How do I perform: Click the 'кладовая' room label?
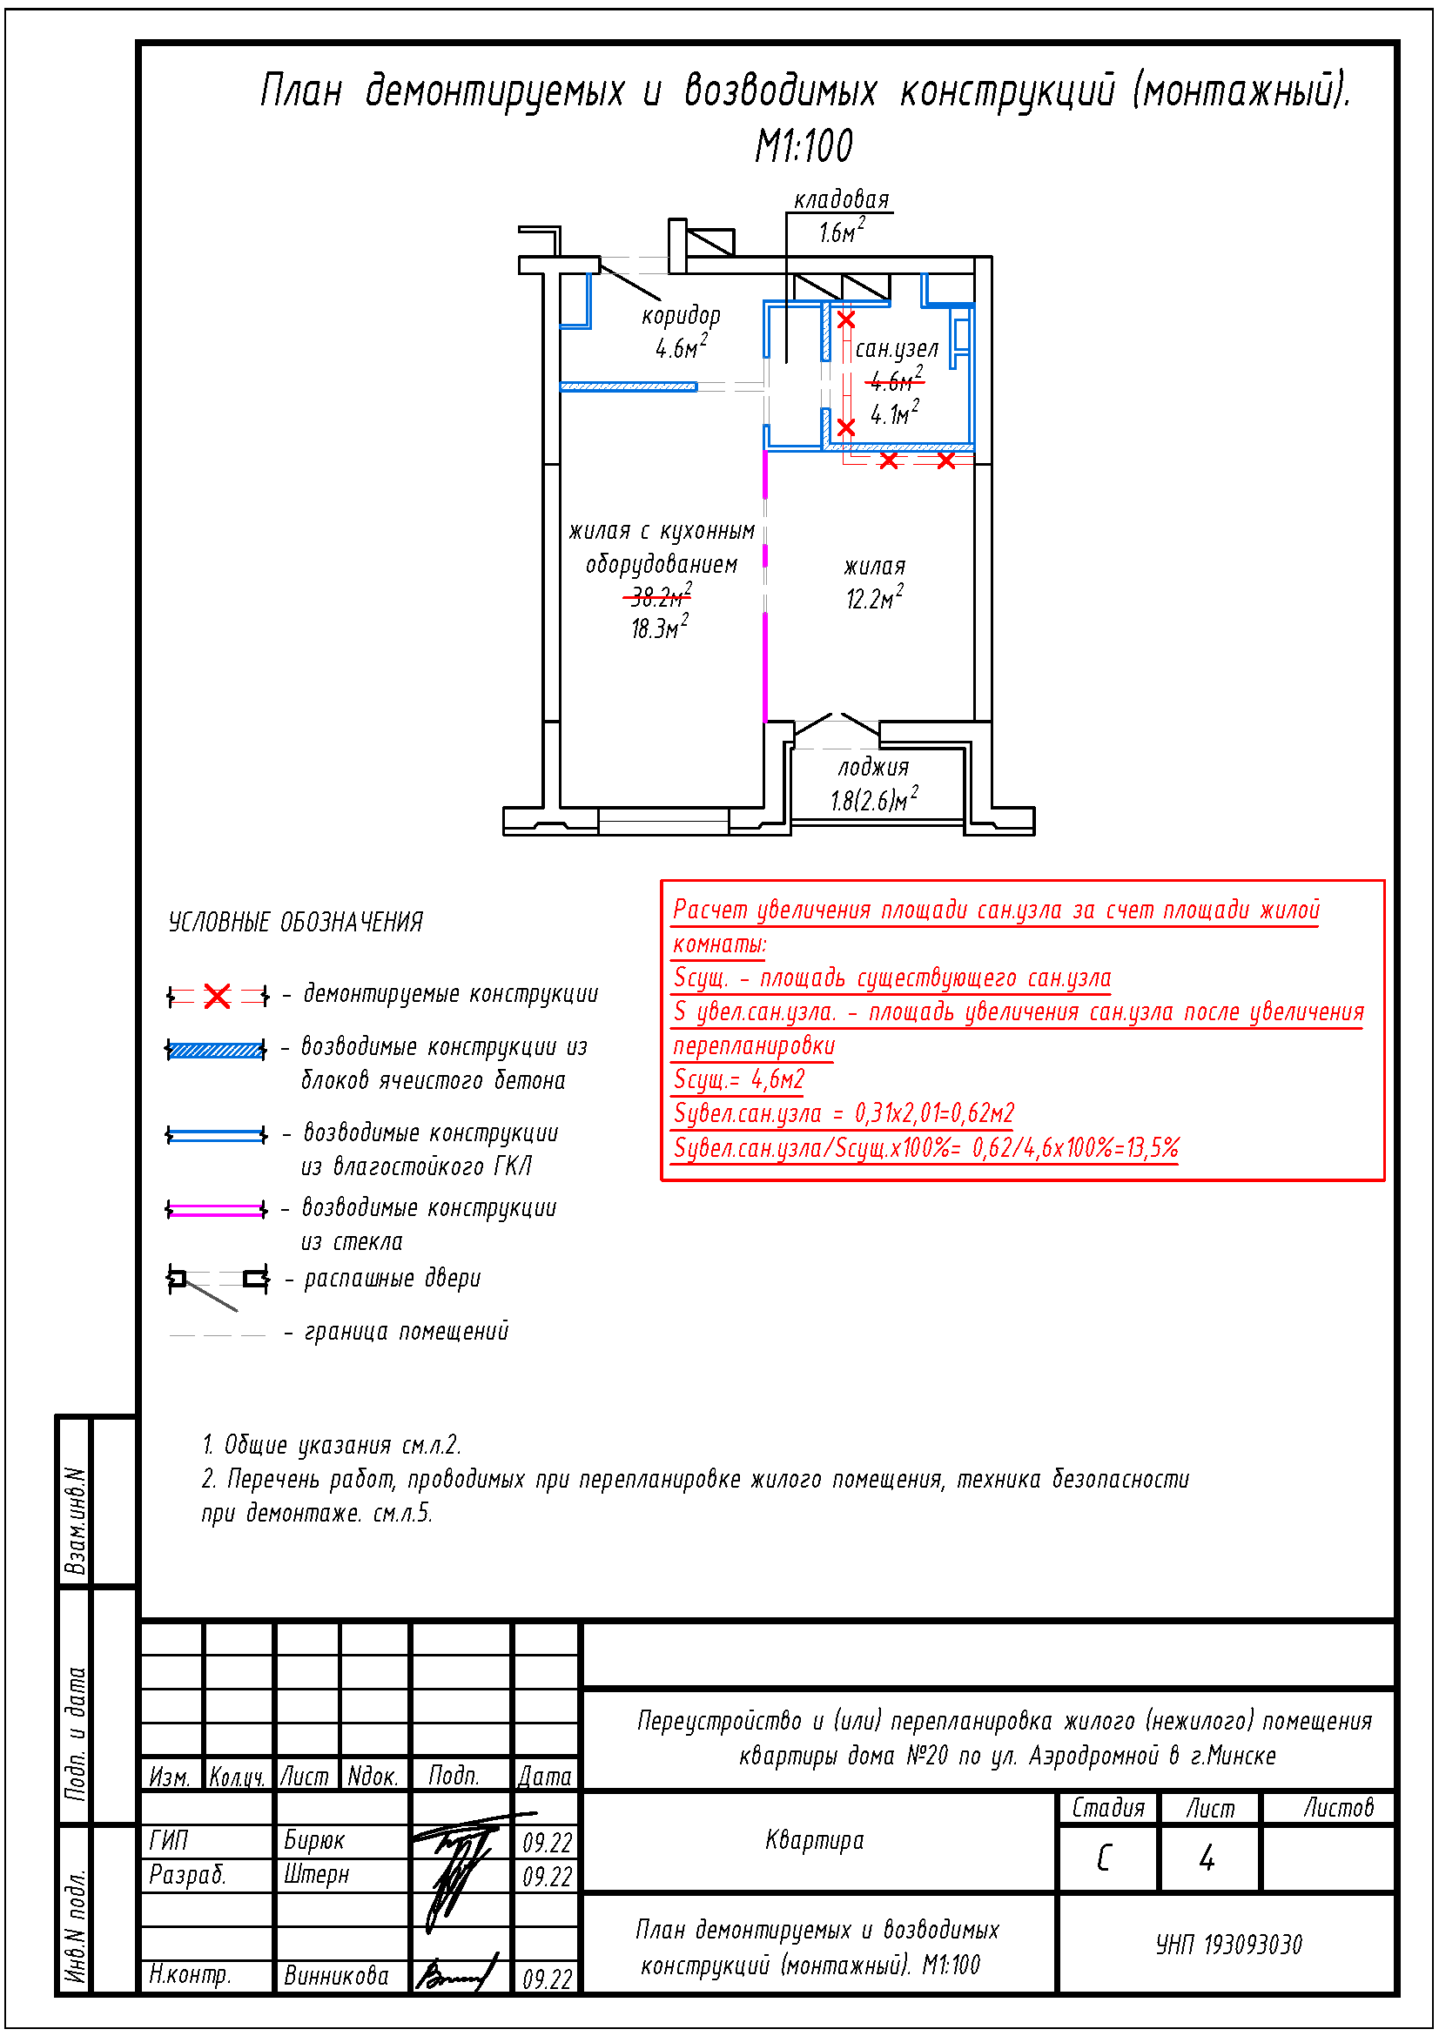click(x=841, y=200)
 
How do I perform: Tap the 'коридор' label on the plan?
click(x=680, y=317)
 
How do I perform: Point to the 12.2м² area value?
click(x=873, y=599)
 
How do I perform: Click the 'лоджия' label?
click(x=873, y=768)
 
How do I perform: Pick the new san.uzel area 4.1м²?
click(x=894, y=414)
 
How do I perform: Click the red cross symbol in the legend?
click(x=218, y=996)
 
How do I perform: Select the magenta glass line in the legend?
click(x=217, y=1210)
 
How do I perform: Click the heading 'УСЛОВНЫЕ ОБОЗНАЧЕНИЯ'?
click(x=295, y=922)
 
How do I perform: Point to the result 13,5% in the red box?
click(x=1152, y=1148)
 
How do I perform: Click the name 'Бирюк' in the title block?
click(x=314, y=1840)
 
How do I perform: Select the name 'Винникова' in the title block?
click(x=336, y=1976)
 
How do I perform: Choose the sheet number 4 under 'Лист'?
click(x=1207, y=1858)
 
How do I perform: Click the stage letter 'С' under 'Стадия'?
click(x=1104, y=1858)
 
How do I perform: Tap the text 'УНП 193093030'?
click(x=1228, y=1945)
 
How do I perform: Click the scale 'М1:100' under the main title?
click(x=804, y=146)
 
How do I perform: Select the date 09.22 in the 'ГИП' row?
click(x=547, y=1843)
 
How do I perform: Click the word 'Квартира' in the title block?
click(x=814, y=1840)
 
